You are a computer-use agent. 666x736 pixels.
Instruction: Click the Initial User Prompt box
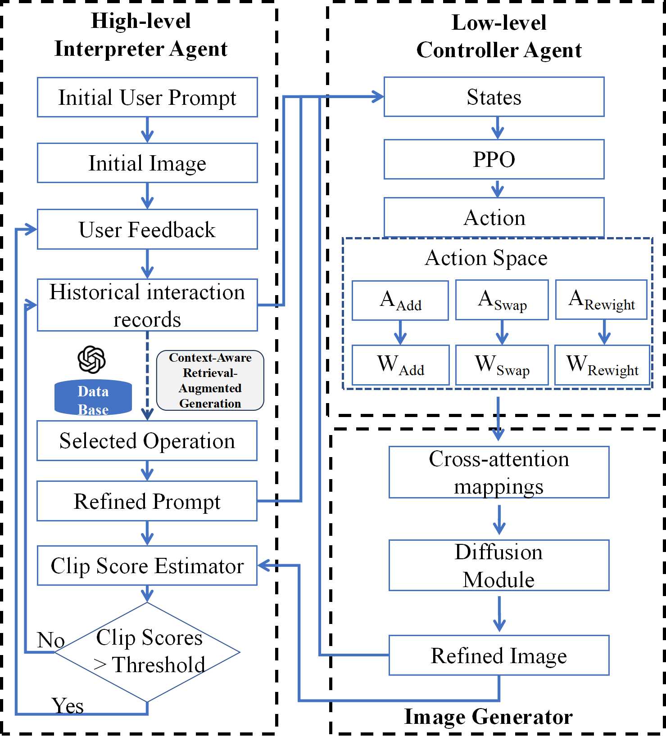(x=147, y=97)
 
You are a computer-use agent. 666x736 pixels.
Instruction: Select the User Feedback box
(x=147, y=229)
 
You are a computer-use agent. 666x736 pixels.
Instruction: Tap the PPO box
(x=494, y=159)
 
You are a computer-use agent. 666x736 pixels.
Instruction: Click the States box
(x=494, y=97)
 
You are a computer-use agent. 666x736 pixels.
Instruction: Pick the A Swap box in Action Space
(x=502, y=300)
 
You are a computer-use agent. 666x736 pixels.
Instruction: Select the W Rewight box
(x=602, y=365)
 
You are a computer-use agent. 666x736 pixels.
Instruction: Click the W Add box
(x=400, y=365)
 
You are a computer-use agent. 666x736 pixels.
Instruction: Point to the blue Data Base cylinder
(x=93, y=398)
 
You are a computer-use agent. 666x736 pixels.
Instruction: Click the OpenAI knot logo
(x=91, y=359)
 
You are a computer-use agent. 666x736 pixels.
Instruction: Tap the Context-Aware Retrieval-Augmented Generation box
(x=210, y=381)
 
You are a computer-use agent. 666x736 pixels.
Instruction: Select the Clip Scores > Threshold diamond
(x=147, y=652)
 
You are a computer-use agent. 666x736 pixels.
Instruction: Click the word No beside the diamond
(x=50, y=640)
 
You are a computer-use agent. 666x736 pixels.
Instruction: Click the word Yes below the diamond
(x=68, y=705)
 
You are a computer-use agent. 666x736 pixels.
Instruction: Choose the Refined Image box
(x=498, y=655)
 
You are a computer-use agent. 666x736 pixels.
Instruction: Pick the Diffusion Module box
(x=498, y=565)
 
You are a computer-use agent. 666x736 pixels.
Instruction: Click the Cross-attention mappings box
(x=498, y=472)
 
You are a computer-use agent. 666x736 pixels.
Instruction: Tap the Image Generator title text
(x=488, y=717)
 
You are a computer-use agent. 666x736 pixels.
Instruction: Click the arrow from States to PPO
(x=497, y=128)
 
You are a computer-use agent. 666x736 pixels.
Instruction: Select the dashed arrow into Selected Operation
(x=147, y=378)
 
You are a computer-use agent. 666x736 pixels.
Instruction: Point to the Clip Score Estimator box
(x=147, y=565)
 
